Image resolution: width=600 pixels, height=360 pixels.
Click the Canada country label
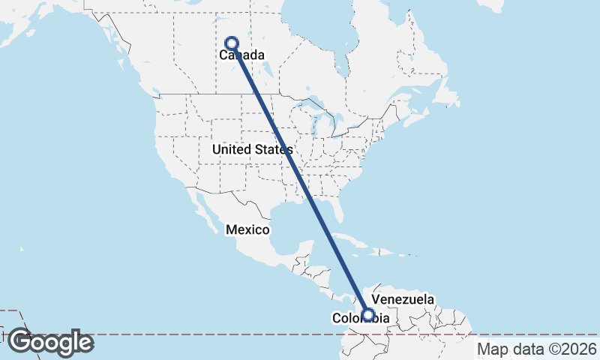(242, 55)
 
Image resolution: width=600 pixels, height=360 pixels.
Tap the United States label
(252, 150)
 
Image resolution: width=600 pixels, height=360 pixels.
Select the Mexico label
(248, 229)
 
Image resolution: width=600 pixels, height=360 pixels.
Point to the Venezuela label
(403, 299)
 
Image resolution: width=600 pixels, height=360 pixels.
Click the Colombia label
(361, 319)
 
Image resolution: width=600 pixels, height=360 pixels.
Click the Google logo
(50, 342)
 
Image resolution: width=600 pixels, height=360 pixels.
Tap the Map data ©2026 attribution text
(537, 349)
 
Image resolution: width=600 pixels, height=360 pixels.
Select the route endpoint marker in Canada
(232, 43)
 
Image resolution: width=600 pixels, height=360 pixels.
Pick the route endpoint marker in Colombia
(368, 315)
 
